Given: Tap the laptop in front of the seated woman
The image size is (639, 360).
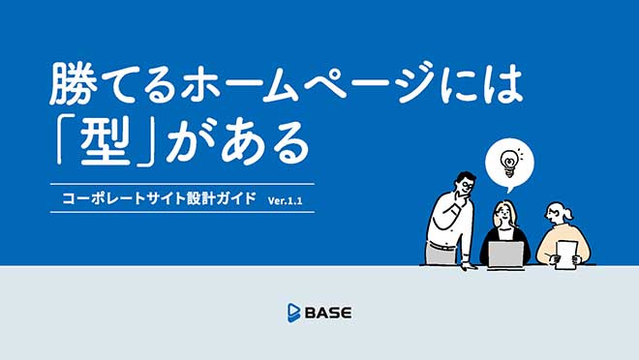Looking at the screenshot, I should click(x=504, y=254).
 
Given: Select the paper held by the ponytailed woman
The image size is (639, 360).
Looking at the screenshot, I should click(x=566, y=251).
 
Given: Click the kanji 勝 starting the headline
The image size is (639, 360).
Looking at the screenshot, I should click(x=76, y=86).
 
